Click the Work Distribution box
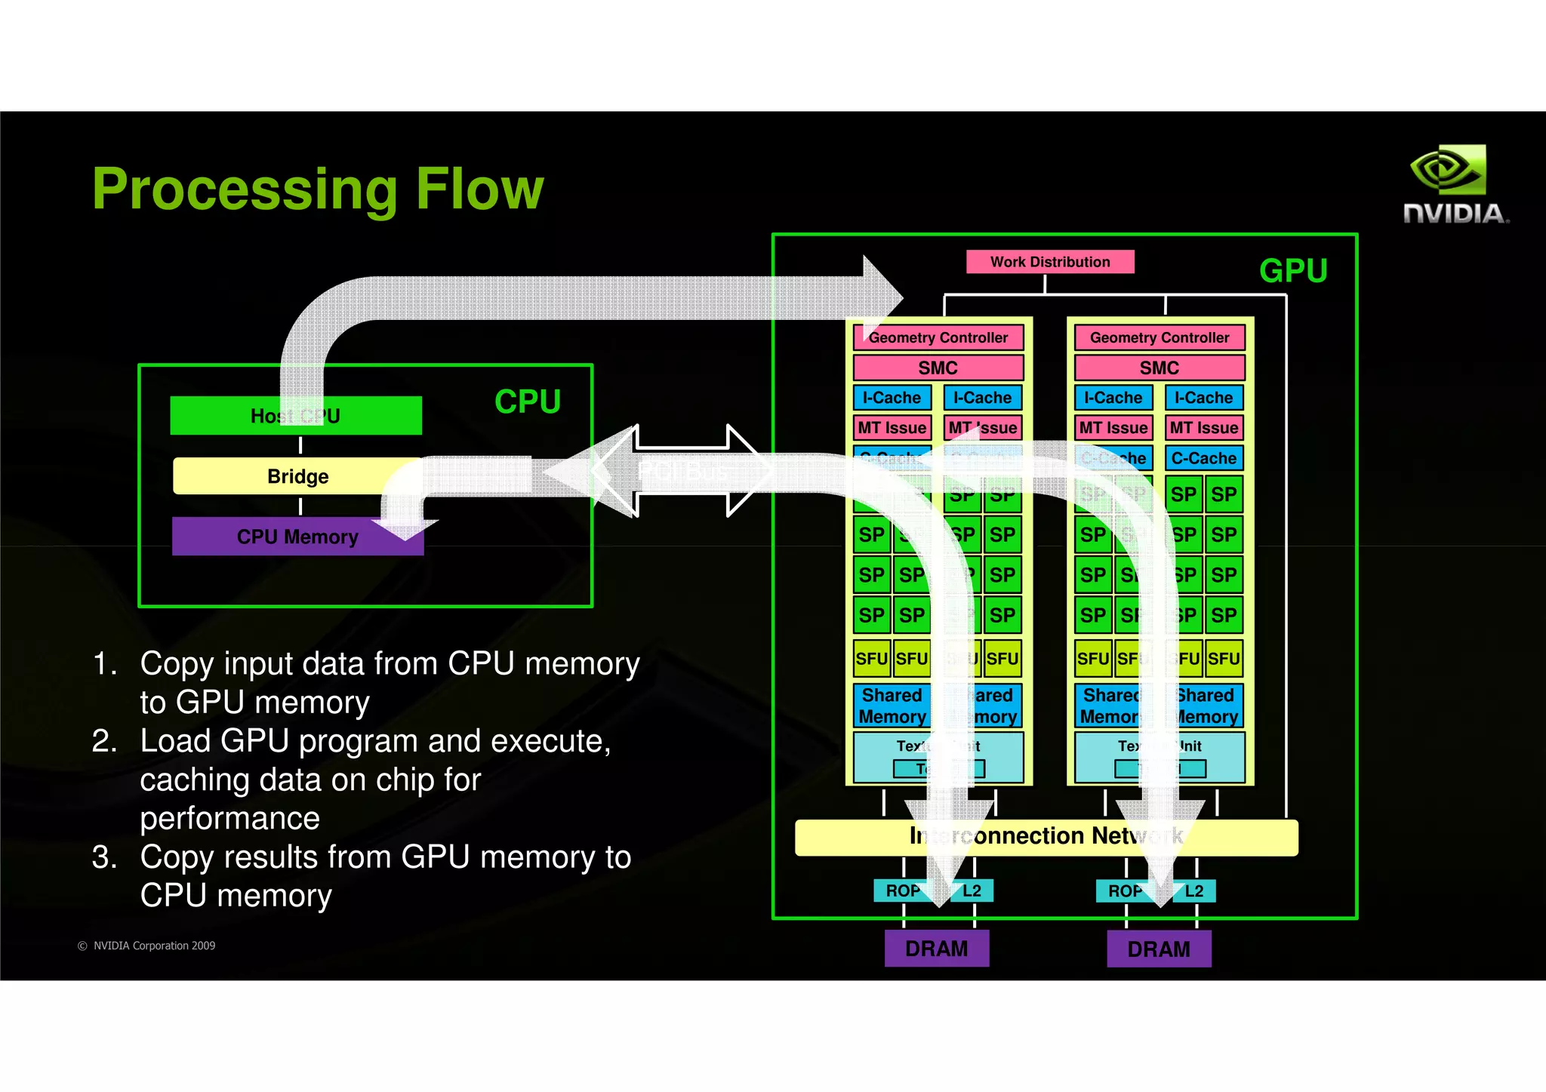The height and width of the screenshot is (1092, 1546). click(x=1049, y=262)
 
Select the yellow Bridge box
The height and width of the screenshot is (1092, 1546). click(x=297, y=476)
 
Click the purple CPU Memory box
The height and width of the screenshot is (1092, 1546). click(x=297, y=537)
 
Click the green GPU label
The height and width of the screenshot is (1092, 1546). click(x=1292, y=271)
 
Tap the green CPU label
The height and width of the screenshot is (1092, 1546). click(x=527, y=401)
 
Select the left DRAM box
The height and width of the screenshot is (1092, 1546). click(x=936, y=949)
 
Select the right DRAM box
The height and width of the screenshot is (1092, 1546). click(x=1158, y=949)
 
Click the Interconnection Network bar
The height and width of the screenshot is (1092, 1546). click(x=1046, y=837)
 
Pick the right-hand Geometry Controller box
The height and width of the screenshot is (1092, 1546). click(x=1159, y=337)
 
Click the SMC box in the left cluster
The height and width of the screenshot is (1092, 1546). click(x=938, y=368)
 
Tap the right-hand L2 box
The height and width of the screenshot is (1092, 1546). click(x=1194, y=891)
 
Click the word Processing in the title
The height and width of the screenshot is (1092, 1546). click(x=244, y=189)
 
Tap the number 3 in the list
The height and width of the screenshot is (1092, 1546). click(x=103, y=858)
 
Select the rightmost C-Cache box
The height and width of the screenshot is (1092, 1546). click(x=1203, y=458)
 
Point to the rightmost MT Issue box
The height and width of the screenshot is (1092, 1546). click(x=1203, y=428)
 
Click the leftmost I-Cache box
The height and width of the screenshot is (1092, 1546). click(x=892, y=398)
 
